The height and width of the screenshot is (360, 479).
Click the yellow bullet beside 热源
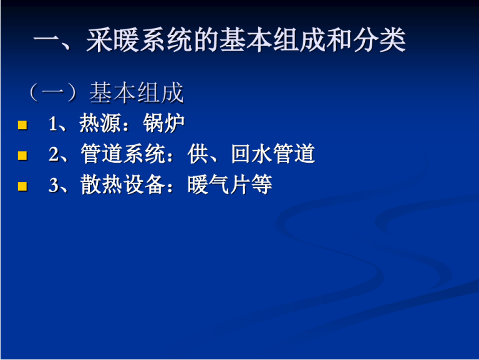pyautogui.click(x=22, y=125)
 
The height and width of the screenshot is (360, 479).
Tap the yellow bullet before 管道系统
pyautogui.click(x=22, y=155)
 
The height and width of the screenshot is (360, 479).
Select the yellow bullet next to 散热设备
pyautogui.click(x=22, y=186)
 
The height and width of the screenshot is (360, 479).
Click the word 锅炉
pyautogui.click(x=164, y=124)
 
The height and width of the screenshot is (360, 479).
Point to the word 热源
pyautogui.click(x=100, y=124)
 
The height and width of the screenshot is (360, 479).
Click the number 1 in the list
pyautogui.click(x=52, y=124)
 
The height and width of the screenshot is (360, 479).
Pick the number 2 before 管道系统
pyautogui.click(x=53, y=154)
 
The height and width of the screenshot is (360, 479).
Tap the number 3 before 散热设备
pyautogui.click(x=53, y=185)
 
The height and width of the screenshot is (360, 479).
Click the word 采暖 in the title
pyautogui.click(x=112, y=40)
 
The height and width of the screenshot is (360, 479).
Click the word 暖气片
pyautogui.click(x=220, y=185)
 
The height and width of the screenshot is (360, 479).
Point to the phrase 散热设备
pyautogui.click(x=123, y=185)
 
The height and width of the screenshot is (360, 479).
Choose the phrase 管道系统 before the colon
pyautogui.click(x=123, y=154)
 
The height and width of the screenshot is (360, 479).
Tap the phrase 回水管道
pyautogui.click(x=273, y=154)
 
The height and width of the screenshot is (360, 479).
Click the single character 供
pyautogui.click(x=198, y=154)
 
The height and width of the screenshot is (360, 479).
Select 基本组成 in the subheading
pyautogui.click(x=137, y=92)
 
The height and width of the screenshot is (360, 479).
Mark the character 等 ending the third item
pyautogui.click(x=262, y=185)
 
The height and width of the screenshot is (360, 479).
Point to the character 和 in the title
pyautogui.click(x=339, y=40)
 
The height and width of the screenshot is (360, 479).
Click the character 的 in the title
pyautogui.click(x=206, y=40)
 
